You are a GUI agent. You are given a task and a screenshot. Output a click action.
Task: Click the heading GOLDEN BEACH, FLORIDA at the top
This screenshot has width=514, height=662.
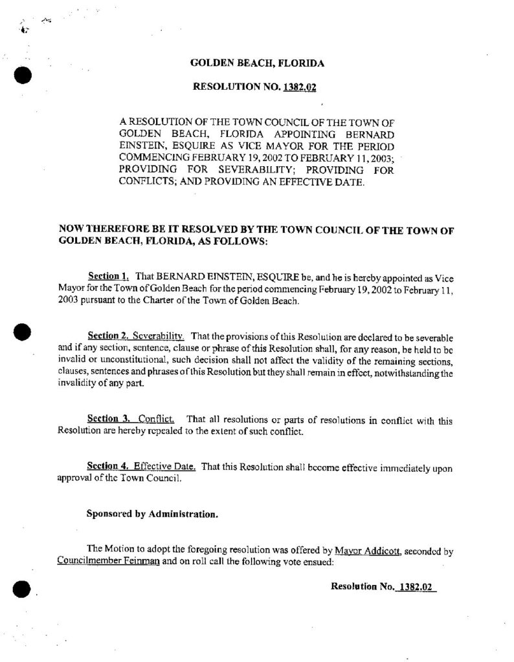click(x=256, y=63)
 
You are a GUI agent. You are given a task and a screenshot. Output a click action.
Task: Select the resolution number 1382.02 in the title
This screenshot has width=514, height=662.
click(x=299, y=87)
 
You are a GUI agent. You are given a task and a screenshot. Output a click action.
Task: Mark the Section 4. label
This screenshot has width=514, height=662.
click(x=107, y=466)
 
